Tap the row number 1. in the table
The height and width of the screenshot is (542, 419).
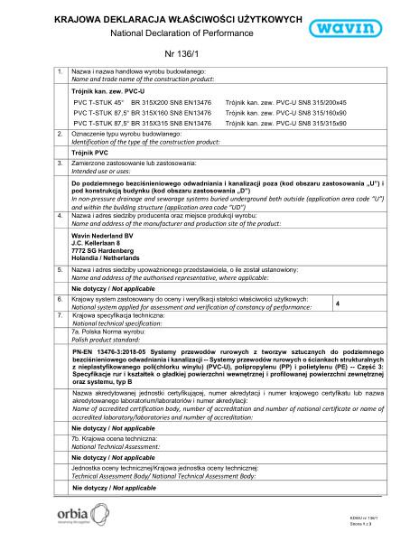click(x=61, y=71)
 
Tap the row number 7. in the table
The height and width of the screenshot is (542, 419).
click(x=61, y=318)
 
